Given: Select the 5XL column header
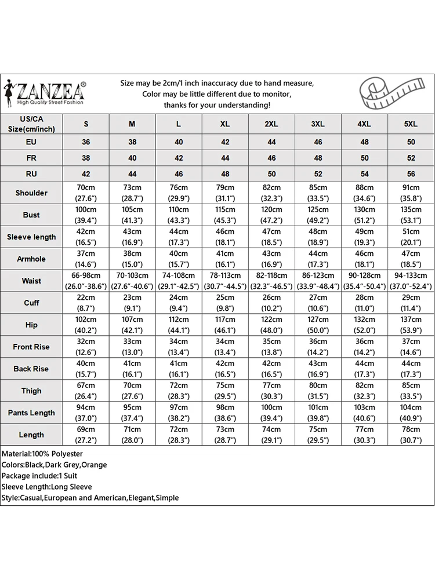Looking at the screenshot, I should click(411, 124).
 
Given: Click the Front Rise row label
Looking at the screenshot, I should click(31, 347).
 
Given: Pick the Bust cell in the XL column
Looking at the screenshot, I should click(225, 215).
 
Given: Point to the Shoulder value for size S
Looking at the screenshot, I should click(86, 193).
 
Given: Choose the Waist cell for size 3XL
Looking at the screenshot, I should click(318, 281).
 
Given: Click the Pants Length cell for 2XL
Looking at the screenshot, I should click(271, 412).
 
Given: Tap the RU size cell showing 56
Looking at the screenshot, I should click(411, 173).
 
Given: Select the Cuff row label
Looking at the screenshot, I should click(31, 303).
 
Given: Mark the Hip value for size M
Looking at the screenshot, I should click(132, 325).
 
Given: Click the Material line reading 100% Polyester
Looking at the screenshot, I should click(42, 454).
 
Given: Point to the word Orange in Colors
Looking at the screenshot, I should click(94, 465).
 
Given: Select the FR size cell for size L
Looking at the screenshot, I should click(179, 158).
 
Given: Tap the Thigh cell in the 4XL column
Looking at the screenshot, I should click(364, 390).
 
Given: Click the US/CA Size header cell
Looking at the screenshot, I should click(31, 124).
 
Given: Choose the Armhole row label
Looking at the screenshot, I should click(31, 259).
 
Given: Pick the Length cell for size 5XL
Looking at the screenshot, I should click(411, 434).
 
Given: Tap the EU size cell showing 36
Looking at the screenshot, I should click(86, 142).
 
